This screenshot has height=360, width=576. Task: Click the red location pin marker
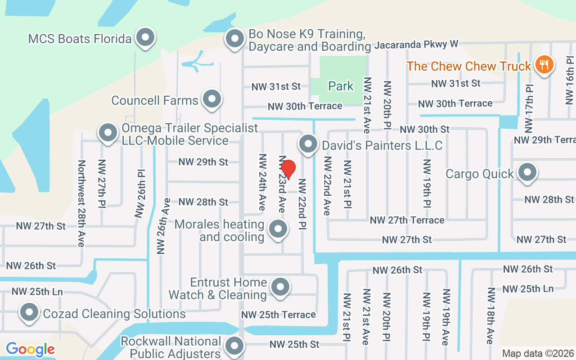288,170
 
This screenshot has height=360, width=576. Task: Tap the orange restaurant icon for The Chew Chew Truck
544,65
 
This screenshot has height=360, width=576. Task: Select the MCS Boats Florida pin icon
145,38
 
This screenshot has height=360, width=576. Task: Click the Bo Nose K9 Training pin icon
234,39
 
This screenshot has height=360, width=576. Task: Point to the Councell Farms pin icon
211,99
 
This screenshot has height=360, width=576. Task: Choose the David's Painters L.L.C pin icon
308,144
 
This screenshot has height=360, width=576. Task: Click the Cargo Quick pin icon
526,173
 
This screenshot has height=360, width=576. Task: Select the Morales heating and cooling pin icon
278,229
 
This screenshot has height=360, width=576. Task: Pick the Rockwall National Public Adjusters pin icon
234,346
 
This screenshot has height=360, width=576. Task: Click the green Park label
341,86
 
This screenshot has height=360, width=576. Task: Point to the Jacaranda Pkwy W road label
416,45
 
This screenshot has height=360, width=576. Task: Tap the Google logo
31,349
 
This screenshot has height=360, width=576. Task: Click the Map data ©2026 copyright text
538,354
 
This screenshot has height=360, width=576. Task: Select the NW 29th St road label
203,162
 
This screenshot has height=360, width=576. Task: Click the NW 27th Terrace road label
407,220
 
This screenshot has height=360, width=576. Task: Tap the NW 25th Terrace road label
279,315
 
